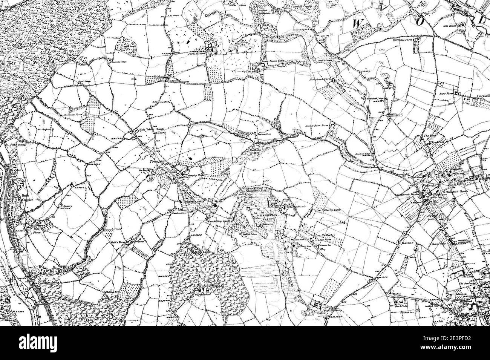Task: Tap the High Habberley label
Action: pos(332,311)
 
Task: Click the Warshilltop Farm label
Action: pos(216,221)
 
